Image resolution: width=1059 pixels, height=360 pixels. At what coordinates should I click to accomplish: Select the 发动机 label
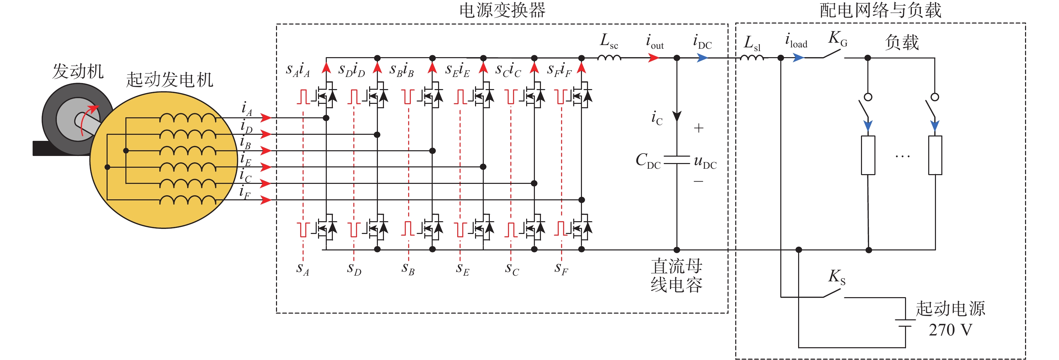pos(78,72)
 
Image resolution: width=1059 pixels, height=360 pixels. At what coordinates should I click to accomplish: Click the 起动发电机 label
pos(169,80)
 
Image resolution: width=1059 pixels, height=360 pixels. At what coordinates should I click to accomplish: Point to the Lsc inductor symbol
pos(609,57)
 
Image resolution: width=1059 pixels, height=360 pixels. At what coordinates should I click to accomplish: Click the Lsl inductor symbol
pos(752,58)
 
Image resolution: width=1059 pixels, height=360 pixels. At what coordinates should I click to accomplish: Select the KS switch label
pos(836,277)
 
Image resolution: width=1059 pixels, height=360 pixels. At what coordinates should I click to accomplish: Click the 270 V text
pos(950,330)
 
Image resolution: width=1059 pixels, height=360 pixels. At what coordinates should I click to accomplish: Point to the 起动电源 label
pos(950,309)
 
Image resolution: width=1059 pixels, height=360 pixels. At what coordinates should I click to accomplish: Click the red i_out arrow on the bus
pos(653,58)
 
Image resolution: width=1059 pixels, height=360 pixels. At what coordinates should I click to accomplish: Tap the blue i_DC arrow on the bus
pos(702,58)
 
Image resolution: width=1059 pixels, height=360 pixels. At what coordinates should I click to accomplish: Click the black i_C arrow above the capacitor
pos(677,116)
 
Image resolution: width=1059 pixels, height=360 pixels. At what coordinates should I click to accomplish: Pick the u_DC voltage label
pos(705,161)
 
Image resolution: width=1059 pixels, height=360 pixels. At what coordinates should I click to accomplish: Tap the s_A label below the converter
pos(303,269)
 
